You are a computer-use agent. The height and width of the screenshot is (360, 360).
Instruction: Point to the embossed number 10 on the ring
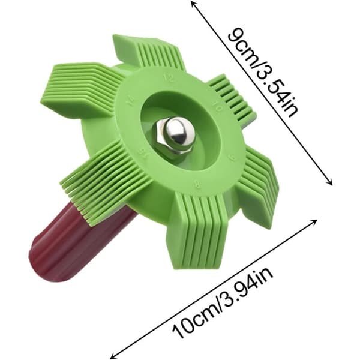217,107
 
